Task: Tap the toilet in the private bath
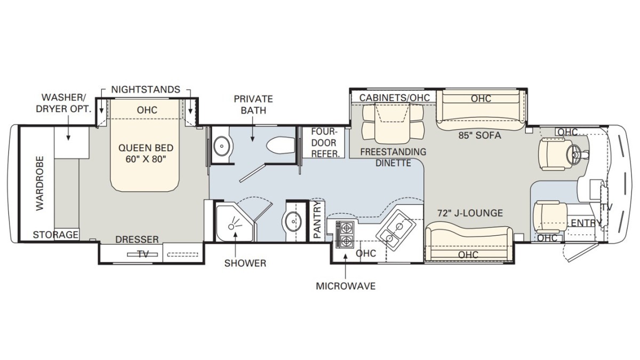tap(281, 146)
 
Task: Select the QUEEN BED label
tap(146, 148)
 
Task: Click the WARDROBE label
tap(40, 183)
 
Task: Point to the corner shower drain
tap(231, 227)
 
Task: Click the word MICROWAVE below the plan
tap(346, 286)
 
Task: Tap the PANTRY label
tap(317, 220)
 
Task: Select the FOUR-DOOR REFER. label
tap(325, 143)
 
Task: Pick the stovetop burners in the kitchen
tap(345, 234)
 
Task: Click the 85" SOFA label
tap(479, 135)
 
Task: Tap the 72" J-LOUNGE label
tap(470, 213)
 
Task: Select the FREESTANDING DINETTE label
tap(393, 157)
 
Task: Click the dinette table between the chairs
tap(393, 123)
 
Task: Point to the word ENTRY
tap(586, 222)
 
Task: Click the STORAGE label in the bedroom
tap(55, 235)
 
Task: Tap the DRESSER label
tap(137, 239)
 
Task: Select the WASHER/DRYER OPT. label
tap(63, 103)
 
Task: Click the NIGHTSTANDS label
tap(146, 90)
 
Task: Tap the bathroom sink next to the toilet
tap(222, 146)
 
